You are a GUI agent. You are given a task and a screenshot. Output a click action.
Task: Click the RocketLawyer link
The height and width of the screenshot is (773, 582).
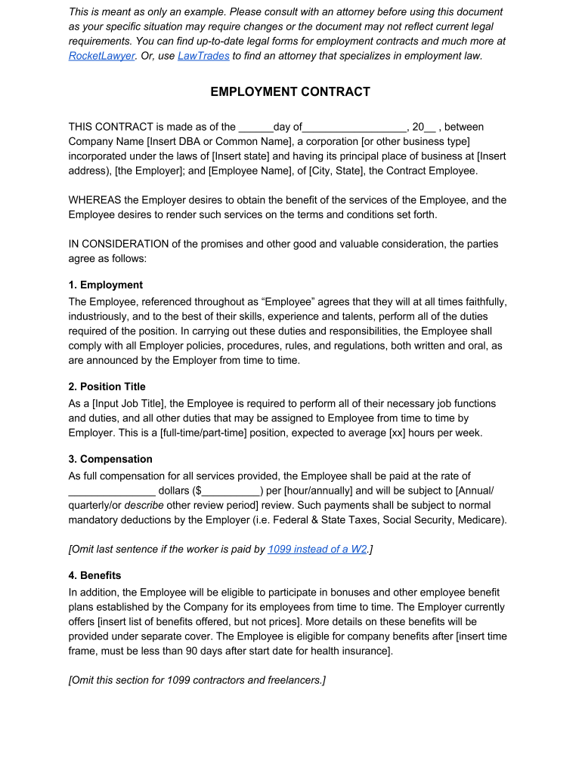click(x=102, y=56)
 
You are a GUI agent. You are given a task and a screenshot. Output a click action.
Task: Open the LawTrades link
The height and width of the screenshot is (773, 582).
click(x=203, y=56)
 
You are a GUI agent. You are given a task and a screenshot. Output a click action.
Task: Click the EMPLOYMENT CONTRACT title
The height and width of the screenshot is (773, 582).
click(x=290, y=92)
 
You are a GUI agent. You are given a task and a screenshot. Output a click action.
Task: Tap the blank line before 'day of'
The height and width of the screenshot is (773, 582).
click(x=255, y=128)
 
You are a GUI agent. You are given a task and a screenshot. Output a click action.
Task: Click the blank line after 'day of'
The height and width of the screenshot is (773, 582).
click(x=354, y=128)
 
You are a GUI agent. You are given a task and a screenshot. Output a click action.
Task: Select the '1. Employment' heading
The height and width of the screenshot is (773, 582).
click(x=105, y=285)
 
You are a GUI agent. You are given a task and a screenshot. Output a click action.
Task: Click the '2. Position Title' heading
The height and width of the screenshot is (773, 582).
click(x=107, y=387)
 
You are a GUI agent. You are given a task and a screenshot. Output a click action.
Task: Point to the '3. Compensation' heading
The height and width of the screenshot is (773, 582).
click(x=110, y=460)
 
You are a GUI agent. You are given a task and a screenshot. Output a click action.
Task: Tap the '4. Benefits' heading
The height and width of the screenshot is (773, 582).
click(x=94, y=576)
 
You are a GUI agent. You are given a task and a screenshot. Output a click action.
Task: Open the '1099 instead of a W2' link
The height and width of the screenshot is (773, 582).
click(x=317, y=550)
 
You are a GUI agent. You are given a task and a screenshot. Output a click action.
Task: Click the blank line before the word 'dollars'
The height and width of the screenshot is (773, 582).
click(x=112, y=491)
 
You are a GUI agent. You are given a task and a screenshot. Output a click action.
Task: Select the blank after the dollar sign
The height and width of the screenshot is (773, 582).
click(x=231, y=491)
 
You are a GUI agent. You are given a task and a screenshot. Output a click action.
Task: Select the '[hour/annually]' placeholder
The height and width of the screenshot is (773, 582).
click(x=318, y=491)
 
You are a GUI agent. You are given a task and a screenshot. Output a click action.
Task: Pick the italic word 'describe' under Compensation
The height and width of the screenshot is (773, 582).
click(x=144, y=506)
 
